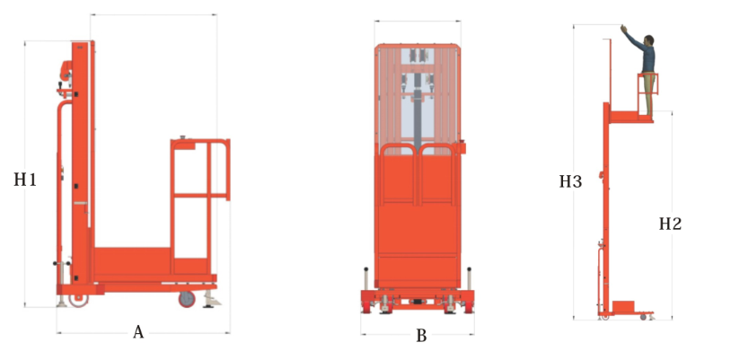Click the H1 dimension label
pyautogui.click(x=25, y=180)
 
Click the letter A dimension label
pyautogui.click(x=138, y=332)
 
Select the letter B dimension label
pyautogui.click(x=421, y=335)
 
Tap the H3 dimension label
pyautogui.click(x=570, y=181)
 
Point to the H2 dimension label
pyautogui.click(x=671, y=224)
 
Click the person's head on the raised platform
pyautogui.click(x=649, y=40)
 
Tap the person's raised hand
pyautogui.click(x=624, y=29)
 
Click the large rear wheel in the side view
pyautogui.click(x=78, y=300)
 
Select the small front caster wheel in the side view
pyautogui.click(x=187, y=299)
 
